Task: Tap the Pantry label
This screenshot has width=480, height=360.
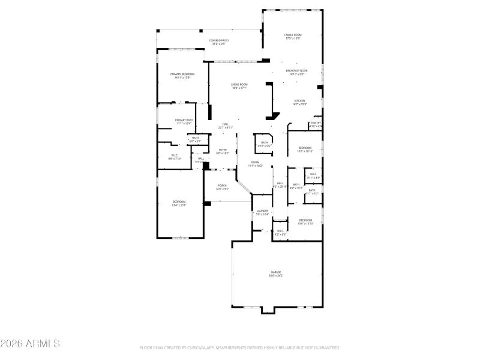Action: click(316, 124)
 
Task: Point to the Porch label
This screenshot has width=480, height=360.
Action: click(221, 187)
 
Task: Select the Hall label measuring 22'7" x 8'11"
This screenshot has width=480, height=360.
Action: click(226, 125)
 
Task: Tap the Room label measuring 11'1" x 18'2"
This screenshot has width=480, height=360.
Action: click(255, 164)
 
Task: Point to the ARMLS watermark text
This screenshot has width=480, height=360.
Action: click(30, 344)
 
